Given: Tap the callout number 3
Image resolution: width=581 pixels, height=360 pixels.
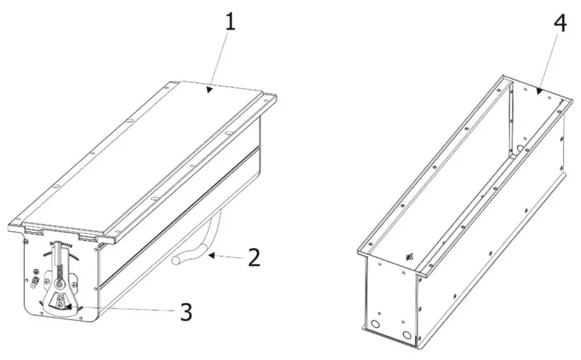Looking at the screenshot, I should [186, 312].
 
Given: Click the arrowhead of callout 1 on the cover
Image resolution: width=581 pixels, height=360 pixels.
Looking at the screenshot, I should [210, 90].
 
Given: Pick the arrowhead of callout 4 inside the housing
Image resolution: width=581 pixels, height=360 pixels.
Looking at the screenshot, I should [538, 91].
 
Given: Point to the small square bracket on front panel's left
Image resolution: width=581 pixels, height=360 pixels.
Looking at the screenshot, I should [32, 282].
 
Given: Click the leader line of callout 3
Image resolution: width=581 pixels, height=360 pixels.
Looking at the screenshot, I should [124, 310].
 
